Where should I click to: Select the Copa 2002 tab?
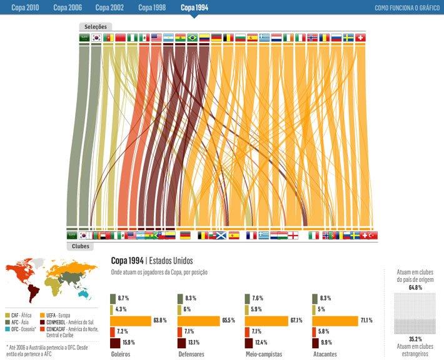109,7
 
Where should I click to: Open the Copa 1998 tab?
152,7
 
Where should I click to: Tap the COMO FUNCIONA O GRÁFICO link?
407,8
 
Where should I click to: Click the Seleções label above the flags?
96,27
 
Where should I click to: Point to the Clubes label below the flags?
81,246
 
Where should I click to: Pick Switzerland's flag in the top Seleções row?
361,37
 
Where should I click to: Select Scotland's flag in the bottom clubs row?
219,236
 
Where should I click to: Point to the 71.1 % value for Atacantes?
366,321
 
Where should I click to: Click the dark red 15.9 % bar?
115,343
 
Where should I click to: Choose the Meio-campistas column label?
263,354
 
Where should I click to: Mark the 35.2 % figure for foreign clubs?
411,338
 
